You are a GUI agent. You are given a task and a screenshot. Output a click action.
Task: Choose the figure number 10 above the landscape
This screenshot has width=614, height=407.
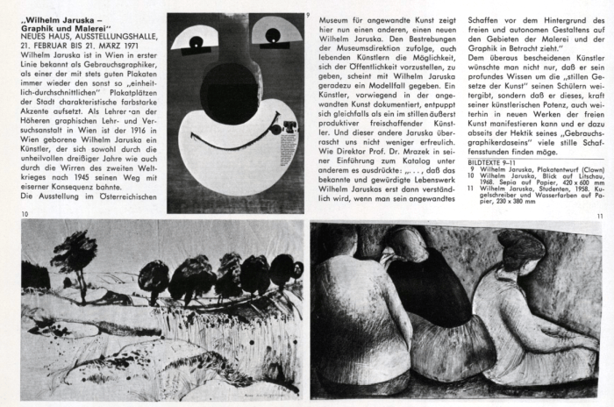coord(25,213)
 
